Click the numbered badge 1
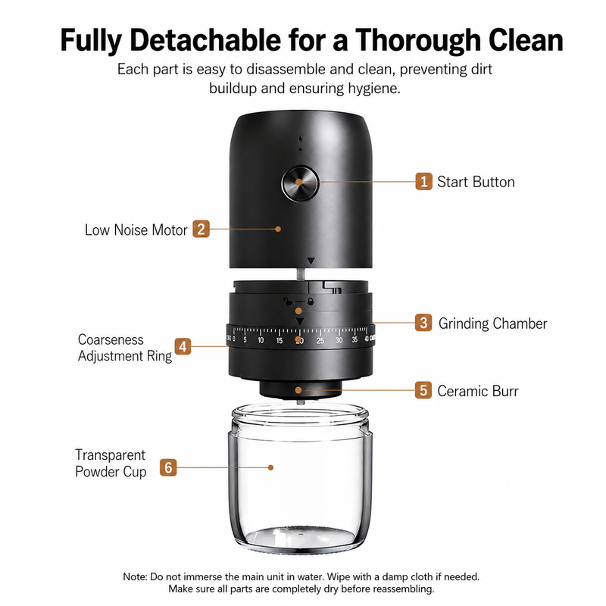click(x=423, y=181)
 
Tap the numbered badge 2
click(x=201, y=229)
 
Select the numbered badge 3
click(x=423, y=323)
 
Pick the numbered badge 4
click(x=183, y=346)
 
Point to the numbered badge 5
click(x=423, y=390)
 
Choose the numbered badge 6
click(x=168, y=467)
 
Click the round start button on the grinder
click(x=300, y=183)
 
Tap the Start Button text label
click(x=476, y=182)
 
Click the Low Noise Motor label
click(x=136, y=230)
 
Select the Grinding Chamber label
click(x=493, y=323)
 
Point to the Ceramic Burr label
click(x=478, y=391)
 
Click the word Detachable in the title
click(x=205, y=40)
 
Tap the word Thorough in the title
click(x=418, y=41)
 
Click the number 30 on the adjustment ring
click(x=339, y=340)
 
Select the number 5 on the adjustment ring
click(x=245, y=340)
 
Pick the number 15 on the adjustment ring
click(x=280, y=340)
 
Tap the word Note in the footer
click(x=135, y=576)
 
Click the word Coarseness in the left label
click(x=111, y=339)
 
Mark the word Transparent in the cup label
click(x=110, y=455)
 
